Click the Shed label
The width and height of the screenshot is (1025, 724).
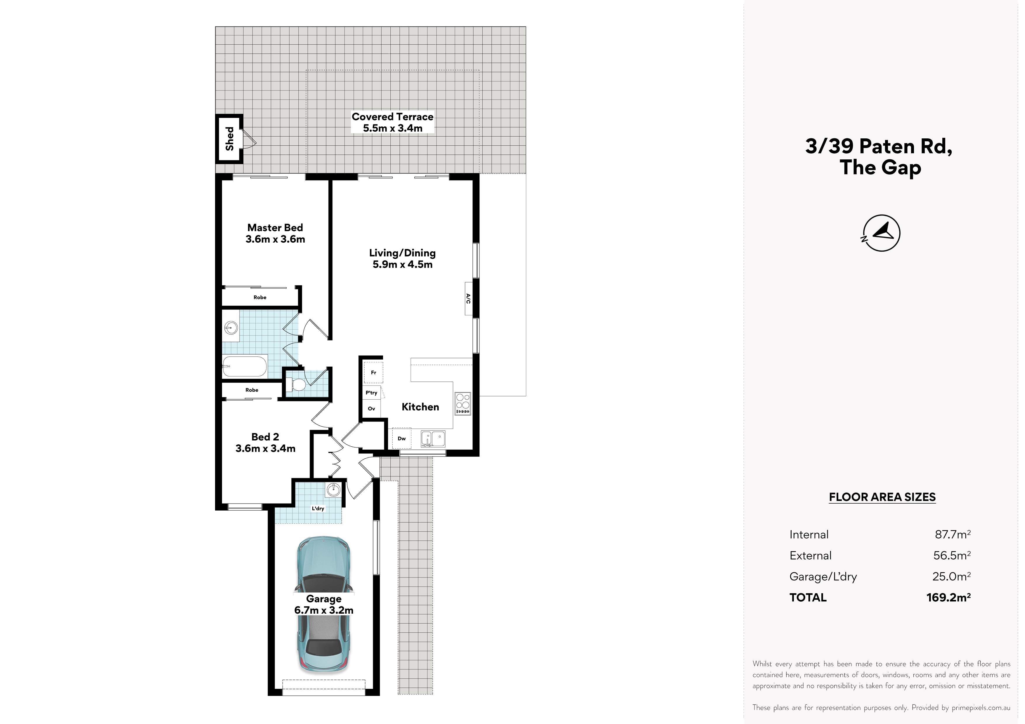[229, 139]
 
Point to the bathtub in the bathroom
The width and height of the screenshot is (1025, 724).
[245, 366]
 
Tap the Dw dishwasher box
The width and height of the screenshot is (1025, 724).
[402, 438]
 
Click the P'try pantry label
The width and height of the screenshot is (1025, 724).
[371, 393]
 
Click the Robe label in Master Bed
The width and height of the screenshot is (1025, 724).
[260, 297]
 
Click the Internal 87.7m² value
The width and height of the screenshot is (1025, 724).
[953, 535]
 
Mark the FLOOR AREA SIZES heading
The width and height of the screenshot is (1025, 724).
[882, 497]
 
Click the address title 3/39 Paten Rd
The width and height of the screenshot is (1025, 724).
[879, 146]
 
